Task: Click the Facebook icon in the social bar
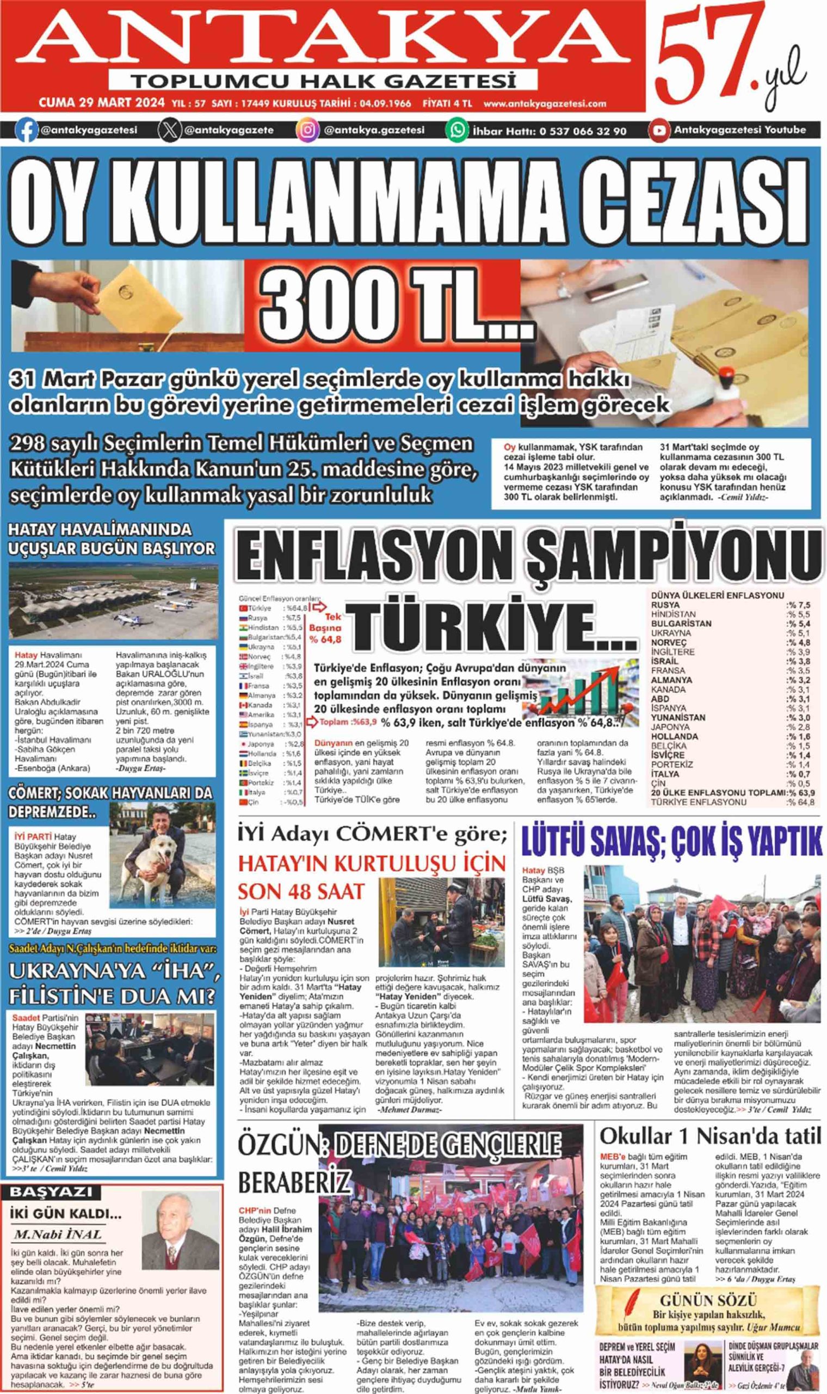click(26, 131)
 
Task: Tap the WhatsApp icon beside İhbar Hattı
click(456, 131)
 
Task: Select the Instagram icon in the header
click(307, 131)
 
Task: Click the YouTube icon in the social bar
click(659, 131)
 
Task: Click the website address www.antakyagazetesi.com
click(545, 103)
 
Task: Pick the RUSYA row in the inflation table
click(730, 605)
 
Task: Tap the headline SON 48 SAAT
click(301, 892)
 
